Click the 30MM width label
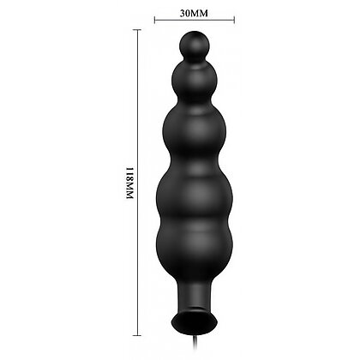pos(194,14)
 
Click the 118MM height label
pos(130,183)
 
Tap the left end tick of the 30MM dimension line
pos(154,20)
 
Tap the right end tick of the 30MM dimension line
pos(234,20)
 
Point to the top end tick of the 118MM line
pos(137,30)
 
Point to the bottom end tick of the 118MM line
pos(137,335)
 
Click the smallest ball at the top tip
pos(195,45)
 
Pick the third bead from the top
pos(195,132)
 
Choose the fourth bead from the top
pos(195,195)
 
